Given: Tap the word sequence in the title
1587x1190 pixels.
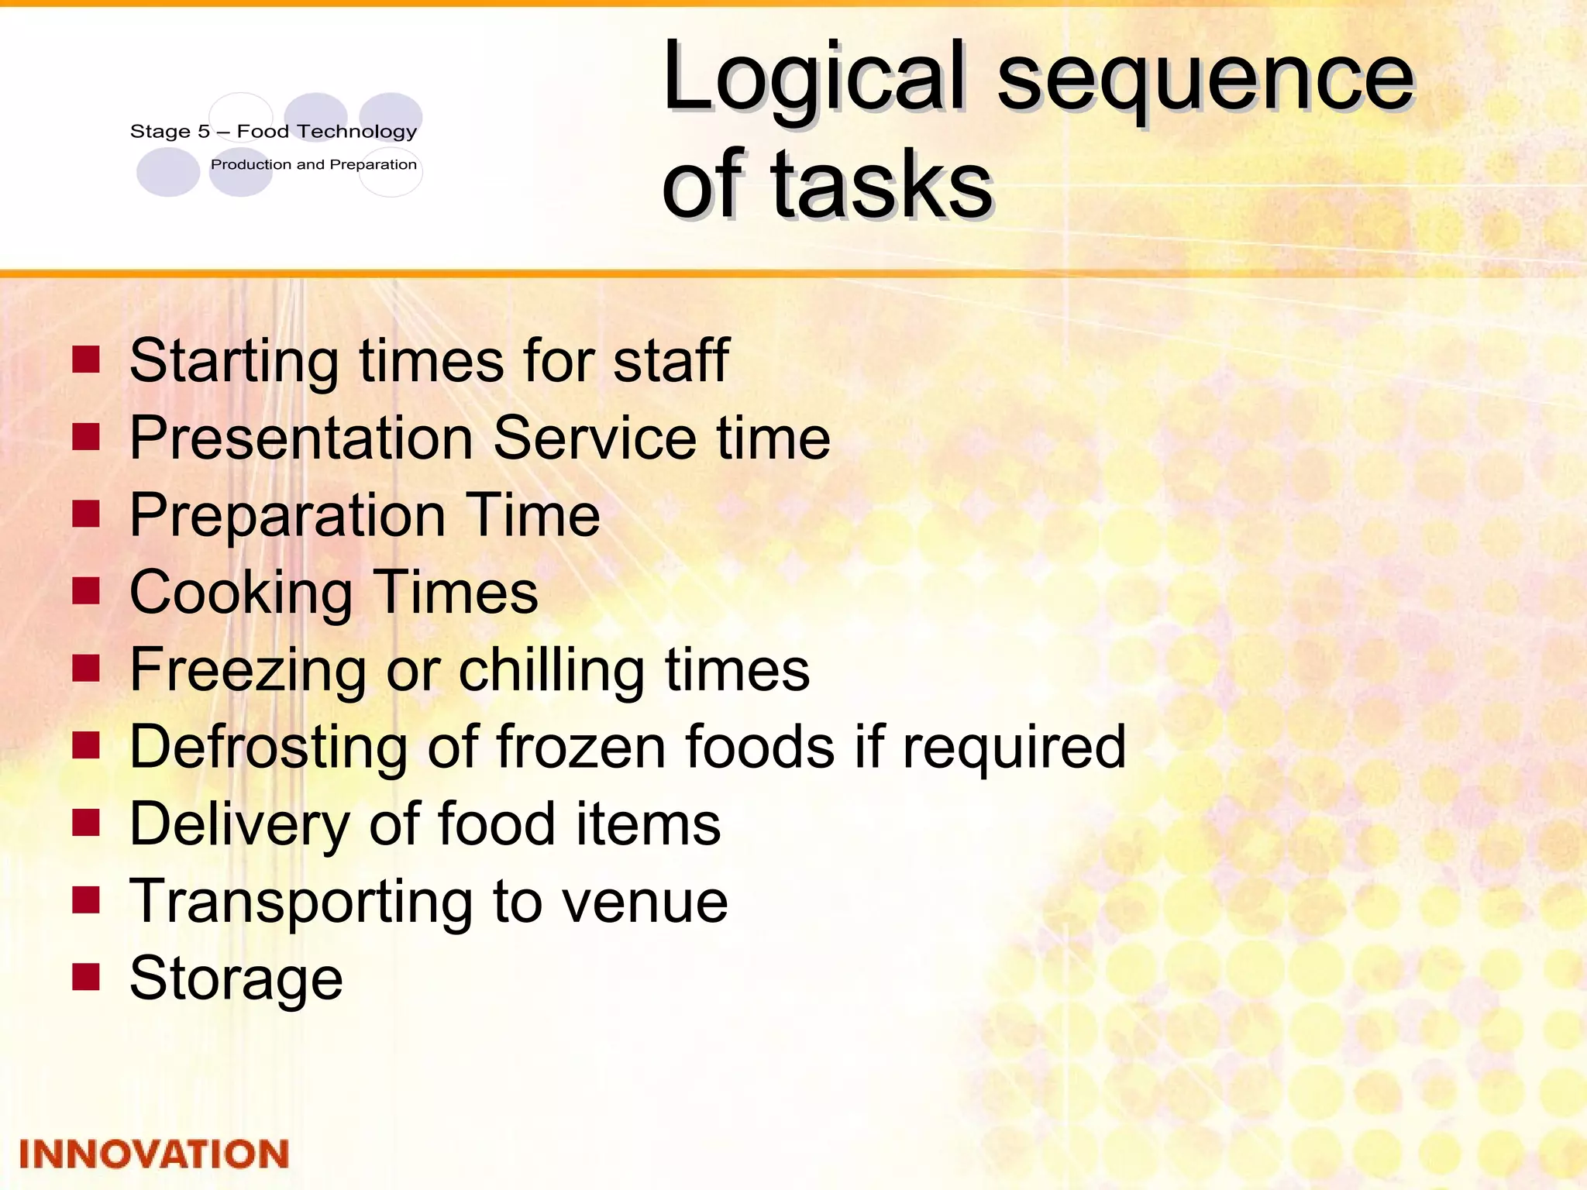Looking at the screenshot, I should tap(1206, 77).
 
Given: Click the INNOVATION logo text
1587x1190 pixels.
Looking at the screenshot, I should tap(153, 1154).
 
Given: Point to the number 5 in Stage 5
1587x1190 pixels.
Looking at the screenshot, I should tap(204, 132).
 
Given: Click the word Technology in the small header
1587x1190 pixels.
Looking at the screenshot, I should tap(358, 132).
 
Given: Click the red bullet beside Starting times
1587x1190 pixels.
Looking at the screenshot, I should tap(86, 359).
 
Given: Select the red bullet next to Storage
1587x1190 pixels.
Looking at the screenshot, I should tap(86, 977).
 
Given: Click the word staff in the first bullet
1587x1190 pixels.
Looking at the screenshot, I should tap(671, 360).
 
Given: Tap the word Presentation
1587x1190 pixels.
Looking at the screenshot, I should tap(302, 438).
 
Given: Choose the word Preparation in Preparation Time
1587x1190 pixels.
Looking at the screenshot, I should tap(287, 515).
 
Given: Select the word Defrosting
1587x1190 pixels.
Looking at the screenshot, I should tap(268, 747).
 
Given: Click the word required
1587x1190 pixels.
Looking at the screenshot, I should tap(1014, 747).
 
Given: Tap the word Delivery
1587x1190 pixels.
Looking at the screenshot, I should tap(239, 824).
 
